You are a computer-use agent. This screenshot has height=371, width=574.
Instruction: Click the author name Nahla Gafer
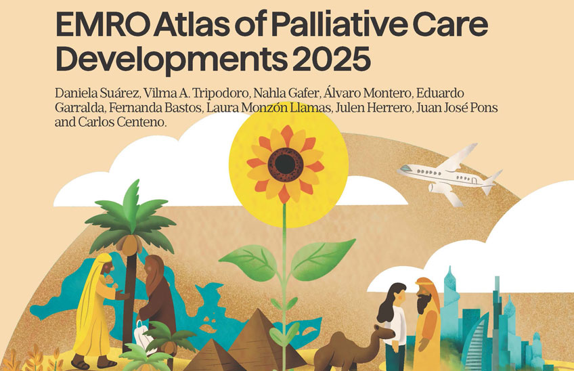(286, 93)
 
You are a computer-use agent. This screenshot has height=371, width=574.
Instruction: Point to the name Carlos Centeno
(122, 122)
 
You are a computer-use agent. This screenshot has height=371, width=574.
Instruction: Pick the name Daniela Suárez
(97, 93)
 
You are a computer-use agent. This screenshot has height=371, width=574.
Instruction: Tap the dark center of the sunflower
(286, 164)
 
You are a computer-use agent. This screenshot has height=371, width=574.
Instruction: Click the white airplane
(450, 175)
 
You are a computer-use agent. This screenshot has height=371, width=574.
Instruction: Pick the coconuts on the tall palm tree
(131, 243)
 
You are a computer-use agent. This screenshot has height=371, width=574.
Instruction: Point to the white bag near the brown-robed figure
(144, 334)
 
